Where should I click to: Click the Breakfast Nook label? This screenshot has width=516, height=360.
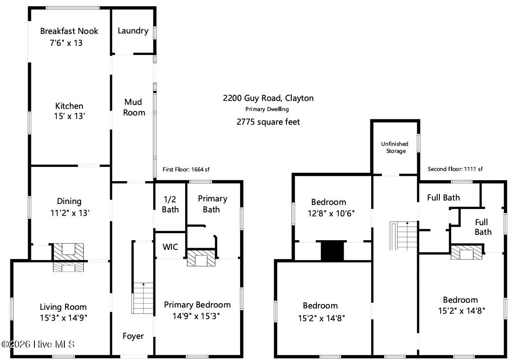click(69, 31)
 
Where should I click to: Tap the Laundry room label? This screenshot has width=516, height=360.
click(133, 30)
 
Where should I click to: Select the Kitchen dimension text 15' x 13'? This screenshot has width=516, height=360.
click(70, 116)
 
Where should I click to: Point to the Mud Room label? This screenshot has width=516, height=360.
click(134, 107)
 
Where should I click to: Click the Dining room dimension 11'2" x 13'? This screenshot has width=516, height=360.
click(70, 213)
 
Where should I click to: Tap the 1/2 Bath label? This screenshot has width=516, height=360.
click(171, 204)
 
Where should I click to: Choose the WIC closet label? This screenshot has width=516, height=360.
click(170, 247)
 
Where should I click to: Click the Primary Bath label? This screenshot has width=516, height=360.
click(212, 204)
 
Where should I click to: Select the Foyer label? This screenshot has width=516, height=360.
click(133, 336)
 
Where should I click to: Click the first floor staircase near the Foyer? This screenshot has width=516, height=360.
click(143, 298)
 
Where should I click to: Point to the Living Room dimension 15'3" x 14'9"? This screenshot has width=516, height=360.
click(63, 318)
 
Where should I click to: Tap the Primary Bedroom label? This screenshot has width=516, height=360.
click(197, 305)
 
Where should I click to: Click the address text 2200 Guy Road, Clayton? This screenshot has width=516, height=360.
click(268, 98)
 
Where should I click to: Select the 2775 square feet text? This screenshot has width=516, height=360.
click(268, 122)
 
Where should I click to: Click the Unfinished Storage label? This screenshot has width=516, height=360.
click(395, 148)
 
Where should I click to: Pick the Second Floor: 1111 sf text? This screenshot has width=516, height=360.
click(455, 169)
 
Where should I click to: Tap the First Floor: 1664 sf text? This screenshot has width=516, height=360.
click(186, 170)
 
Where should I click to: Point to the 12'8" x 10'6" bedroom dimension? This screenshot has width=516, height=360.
click(331, 213)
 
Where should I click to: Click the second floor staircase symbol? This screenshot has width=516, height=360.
click(404, 236)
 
